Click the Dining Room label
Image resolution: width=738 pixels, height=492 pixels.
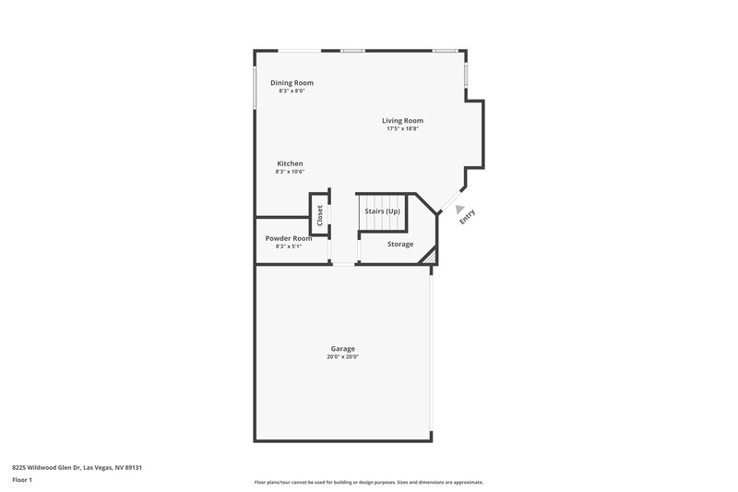[292, 83]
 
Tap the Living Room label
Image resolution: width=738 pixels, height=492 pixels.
[403, 120]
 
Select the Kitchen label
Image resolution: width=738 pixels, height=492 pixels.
[290, 163]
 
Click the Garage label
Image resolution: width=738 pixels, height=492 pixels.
[342, 348]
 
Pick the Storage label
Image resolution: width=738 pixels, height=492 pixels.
[400, 245]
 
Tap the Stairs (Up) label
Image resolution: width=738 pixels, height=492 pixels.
[383, 211]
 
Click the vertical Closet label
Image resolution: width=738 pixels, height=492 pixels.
[320, 215]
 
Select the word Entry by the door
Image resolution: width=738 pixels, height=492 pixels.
[468, 215]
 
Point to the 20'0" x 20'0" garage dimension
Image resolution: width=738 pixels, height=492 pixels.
[342, 356]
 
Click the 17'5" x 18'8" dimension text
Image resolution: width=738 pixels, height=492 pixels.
[403, 128]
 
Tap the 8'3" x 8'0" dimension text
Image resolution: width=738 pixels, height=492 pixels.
[292, 90]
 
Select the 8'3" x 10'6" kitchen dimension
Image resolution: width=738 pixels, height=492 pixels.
[290, 172]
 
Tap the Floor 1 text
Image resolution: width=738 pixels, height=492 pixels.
[23, 480]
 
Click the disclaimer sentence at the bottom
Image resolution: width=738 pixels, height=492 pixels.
[369, 482]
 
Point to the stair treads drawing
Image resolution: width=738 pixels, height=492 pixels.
[383, 202]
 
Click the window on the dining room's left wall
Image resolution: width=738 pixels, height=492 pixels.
[256, 86]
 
